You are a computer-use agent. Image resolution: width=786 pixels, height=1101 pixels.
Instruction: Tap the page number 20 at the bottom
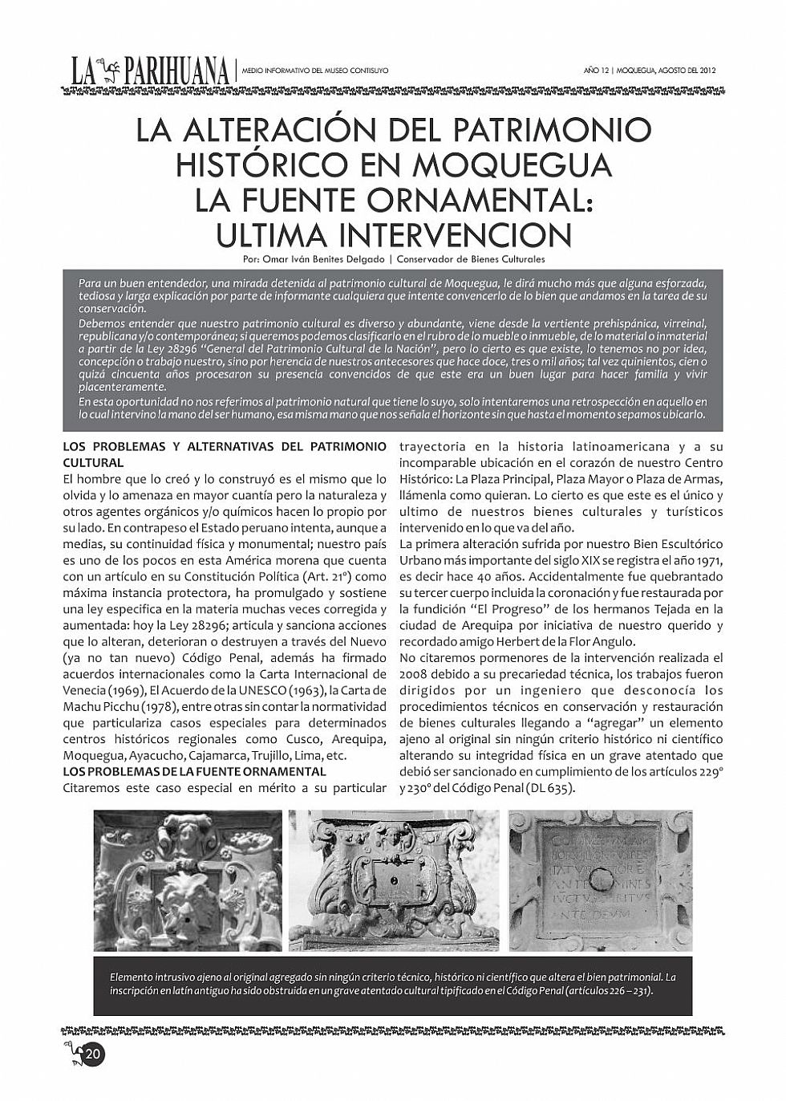click(x=93, y=1054)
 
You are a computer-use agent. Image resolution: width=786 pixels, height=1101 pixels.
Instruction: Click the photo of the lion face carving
click(x=188, y=880)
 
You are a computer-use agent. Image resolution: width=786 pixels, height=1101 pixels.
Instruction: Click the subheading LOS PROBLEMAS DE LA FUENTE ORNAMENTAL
click(x=195, y=771)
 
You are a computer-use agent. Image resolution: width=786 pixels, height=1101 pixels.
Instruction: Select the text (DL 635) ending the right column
click(x=551, y=787)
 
